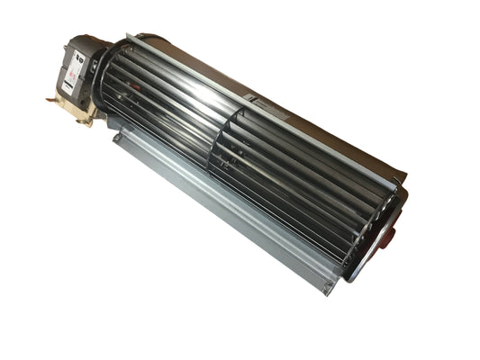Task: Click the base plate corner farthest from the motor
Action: pyautogui.click(x=330, y=289)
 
